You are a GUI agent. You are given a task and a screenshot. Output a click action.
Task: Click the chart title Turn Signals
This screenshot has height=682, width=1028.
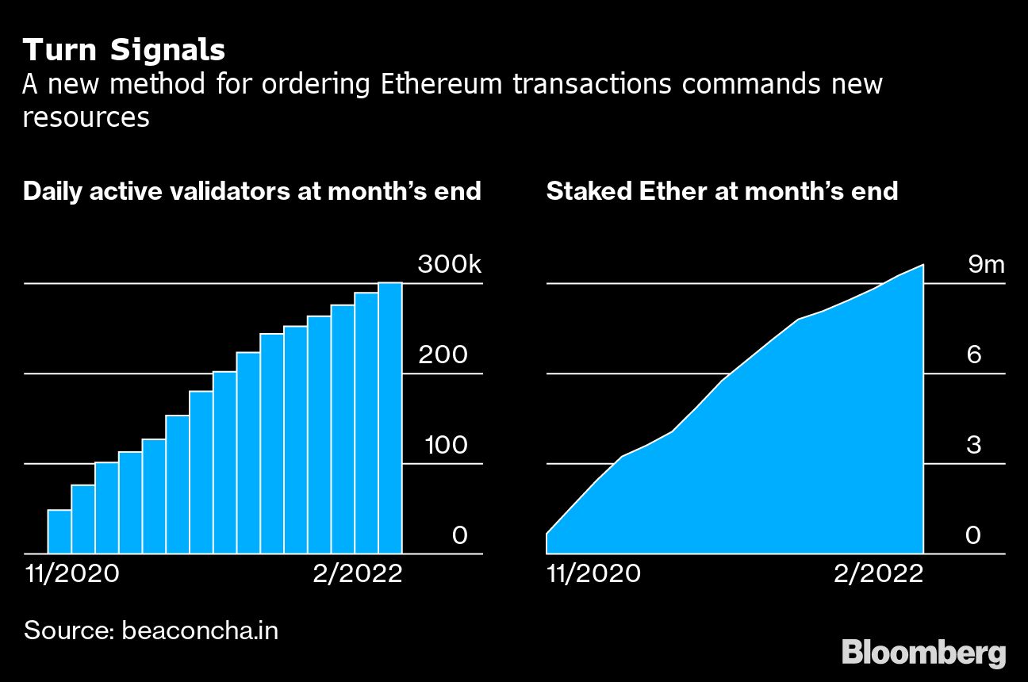pyautogui.click(x=125, y=51)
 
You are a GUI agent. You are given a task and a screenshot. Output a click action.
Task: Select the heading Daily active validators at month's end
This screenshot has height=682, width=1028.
pyautogui.click(x=252, y=191)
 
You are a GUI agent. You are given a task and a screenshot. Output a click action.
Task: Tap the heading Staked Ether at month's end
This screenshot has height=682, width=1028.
pyautogui.click(x=722, y=191)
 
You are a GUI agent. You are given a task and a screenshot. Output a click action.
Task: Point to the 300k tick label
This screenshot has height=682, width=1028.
pyautogui.click(x=449, y=265)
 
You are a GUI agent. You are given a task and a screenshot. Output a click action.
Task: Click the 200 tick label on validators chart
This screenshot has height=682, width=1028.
pyautogui.click(x=443, y=354)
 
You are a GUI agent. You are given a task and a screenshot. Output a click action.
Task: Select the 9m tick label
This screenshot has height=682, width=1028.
pyautogui.click(x=986, y=265)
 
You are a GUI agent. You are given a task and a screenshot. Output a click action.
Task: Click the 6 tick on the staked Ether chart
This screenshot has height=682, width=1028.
pyautogui.click(x=974, y=354)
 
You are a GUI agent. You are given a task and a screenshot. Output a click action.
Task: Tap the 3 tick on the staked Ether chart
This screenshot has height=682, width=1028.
pyautogui.click(x=974, y=445)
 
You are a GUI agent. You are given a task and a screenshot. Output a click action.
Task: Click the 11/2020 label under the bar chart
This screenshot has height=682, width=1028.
pyautogui.click(x=71, y=573)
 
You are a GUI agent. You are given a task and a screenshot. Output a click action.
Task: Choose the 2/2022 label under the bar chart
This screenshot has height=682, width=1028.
pyautogui.click(x=357, y=573)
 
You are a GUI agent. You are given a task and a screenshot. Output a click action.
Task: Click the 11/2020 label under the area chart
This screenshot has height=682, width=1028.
pyautogui.click(x=593, y=573)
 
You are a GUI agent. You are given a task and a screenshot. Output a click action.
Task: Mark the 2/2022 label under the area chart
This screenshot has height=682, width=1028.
pyautogui.click(x=878, y=573)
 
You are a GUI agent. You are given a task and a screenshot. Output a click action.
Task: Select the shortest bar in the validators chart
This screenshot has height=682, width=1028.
pyautogui.click(x=59, y=531)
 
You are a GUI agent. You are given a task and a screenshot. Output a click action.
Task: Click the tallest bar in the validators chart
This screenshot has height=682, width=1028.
pyautogui.click(x=390, y=418)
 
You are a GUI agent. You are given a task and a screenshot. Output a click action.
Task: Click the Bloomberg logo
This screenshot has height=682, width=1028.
pyautogui.click(x=923, y=653)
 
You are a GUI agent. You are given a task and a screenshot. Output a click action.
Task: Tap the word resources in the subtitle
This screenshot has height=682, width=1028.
pyautogui.click(x=86, y=117)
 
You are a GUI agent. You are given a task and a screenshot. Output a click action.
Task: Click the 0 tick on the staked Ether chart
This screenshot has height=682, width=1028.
pyautogui.click(x=973, y=536)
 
